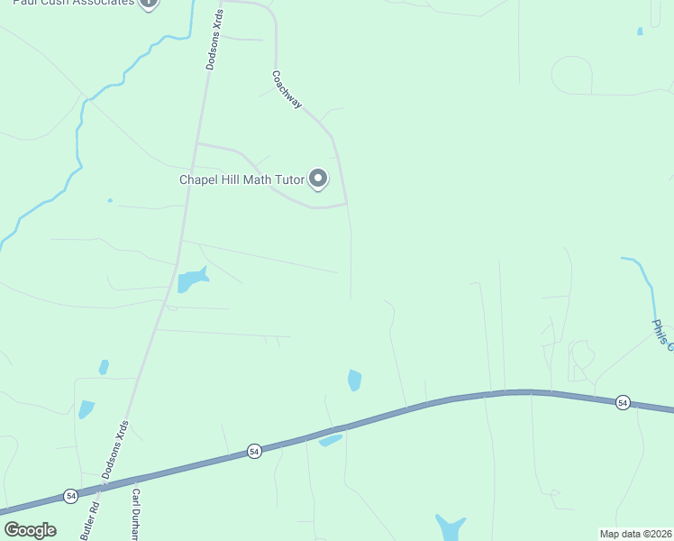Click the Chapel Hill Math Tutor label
[241, 179]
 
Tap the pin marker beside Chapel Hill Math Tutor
[318, 179]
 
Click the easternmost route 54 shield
[623, 402]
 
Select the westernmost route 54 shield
[70, 495]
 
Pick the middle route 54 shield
[255, 451]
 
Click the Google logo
[30, 529]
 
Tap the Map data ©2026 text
[635, 534]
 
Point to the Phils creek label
[662, 332]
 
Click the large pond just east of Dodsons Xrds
[191, 280]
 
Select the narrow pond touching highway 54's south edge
[331, 440]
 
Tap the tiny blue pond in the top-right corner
[640, 32]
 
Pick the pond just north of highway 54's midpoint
[354, 381]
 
